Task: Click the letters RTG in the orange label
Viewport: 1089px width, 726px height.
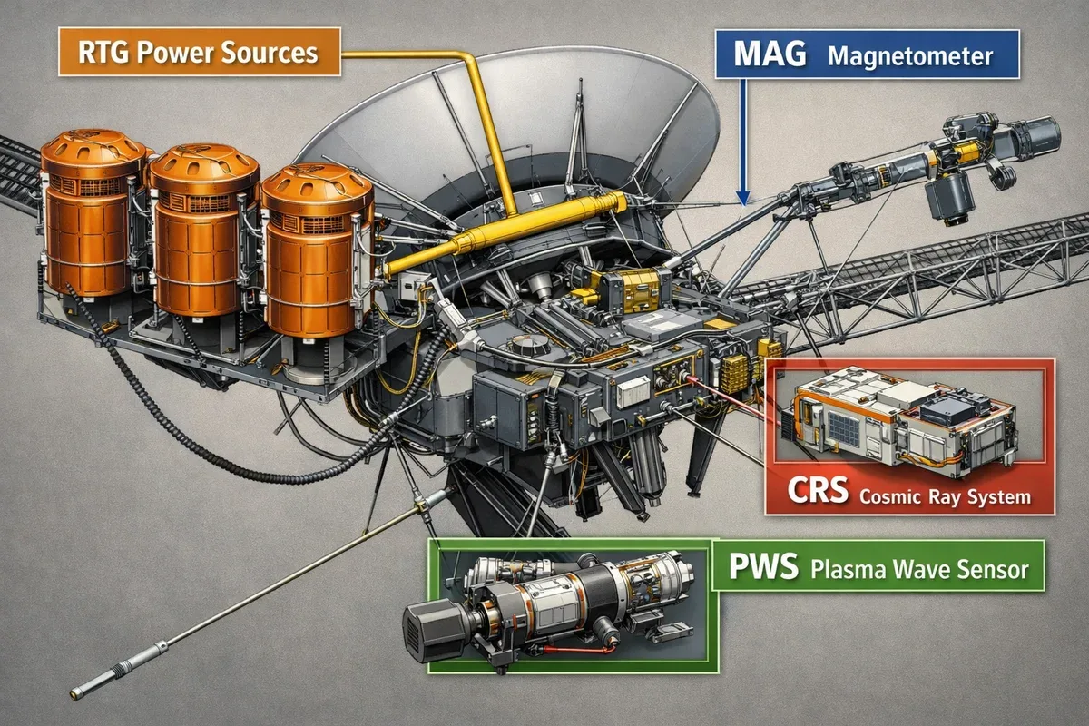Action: [x=103, y=52]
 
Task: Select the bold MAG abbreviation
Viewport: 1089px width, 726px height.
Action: [x=770, y=54]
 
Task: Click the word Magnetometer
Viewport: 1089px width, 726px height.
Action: [x=910, y=56]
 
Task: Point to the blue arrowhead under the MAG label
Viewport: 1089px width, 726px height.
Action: [x=742, y=198]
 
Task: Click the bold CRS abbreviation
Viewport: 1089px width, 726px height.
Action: [x=818, y=490]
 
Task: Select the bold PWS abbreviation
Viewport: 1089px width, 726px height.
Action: [x=763, y=565]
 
